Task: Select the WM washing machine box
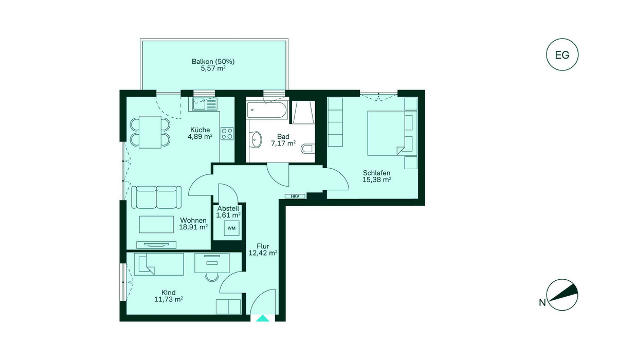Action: coord(231,228)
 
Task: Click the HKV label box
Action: coord(295,196)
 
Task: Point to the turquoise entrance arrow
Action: coord(263,318)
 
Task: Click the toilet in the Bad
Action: coord(307,149)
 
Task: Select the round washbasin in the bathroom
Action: coord(256,139)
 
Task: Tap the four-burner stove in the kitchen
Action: coord(227,134)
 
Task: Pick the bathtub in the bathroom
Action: coord(267,110)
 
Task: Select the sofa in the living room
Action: coord(156,197)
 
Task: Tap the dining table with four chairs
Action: coord(150,132)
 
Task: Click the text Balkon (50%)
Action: coord(213,61)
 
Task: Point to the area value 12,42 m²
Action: coord(263,253)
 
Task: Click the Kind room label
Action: coord(168,293)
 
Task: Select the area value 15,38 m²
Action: coord(377,180)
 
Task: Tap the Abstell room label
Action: coord(228,208)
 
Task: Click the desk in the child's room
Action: coord(212,263)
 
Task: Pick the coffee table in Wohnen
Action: coord(156,224)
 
